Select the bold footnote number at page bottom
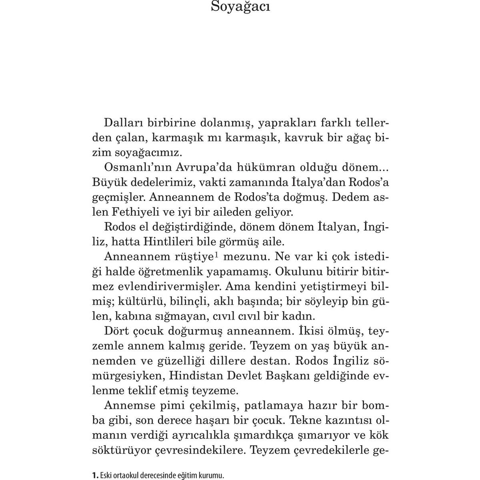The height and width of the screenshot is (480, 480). (95, 465)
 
